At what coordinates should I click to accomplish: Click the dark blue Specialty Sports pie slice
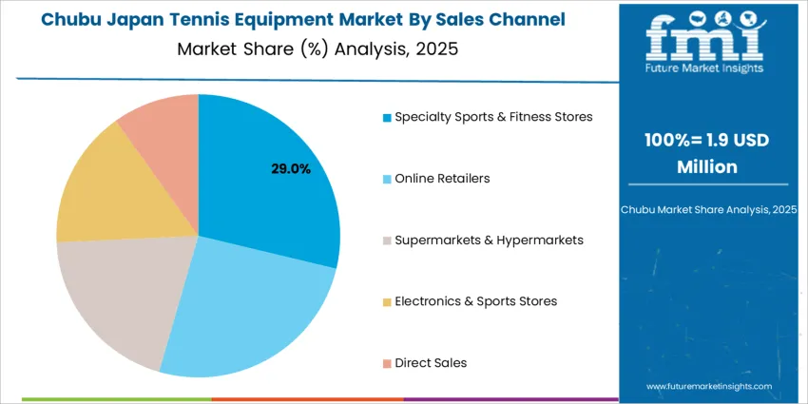(x=276, y=190)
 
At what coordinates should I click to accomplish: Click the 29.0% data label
(x=291, y=168)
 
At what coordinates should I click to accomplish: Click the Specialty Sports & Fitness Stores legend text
(x=493, y=117)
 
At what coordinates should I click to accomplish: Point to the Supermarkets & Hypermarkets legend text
(x=489, y=240)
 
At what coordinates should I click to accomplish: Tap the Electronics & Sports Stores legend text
(x=475, y=301)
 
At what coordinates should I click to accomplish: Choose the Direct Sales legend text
(x=431, y=362)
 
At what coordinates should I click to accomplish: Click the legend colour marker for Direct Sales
(x=387, y=363)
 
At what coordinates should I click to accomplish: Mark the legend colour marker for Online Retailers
(x=387, y=179)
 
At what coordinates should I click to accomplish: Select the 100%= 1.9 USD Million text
(x=706, y=153)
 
